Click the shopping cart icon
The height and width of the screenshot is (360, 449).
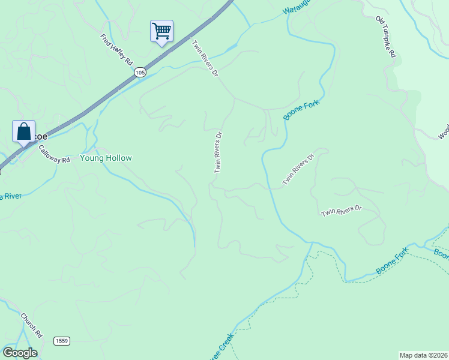click(161, 31)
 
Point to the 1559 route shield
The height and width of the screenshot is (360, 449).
click(61, 341)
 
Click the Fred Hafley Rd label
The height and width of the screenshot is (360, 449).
click(116, 50)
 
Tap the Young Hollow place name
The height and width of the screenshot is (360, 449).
click(106, 158)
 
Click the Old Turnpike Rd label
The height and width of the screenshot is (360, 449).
click(386, 37)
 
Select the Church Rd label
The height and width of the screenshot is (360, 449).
click(32, 325)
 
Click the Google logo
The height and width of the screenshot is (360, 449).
click(20, 353)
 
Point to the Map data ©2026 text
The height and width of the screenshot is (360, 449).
click(424, 355)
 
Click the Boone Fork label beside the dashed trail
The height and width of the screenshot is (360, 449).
click(393, 262)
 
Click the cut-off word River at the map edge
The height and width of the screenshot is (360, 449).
click(11, 196)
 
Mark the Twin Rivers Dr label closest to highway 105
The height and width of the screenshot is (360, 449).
click(205, 58)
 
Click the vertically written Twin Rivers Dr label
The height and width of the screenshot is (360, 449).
click(218, 152)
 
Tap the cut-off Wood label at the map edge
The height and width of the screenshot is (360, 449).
click(444, 132)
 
